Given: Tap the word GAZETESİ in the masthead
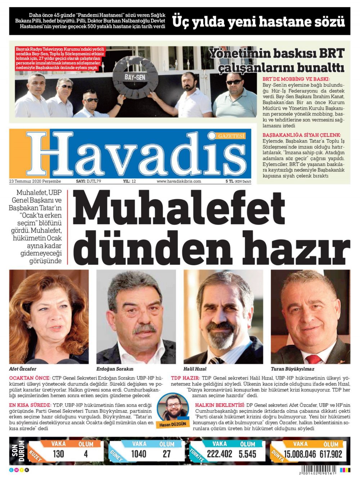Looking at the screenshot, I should click(231, 136).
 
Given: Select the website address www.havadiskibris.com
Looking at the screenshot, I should click(179, 181).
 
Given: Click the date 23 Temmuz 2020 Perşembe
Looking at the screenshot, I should click(35, 181).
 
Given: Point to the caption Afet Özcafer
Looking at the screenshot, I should click(23, 369).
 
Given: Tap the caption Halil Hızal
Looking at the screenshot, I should click(195, 369).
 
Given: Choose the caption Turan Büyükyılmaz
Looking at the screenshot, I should click(292, 369).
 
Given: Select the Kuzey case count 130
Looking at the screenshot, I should click(58, 454).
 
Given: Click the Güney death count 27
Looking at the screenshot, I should click(167, 454).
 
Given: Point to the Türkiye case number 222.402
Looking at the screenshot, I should click(220, 454).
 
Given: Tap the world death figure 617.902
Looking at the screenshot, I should click(330, 454).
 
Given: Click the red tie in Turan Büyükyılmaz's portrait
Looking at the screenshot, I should click(314, 358).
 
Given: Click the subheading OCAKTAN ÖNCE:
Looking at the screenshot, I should click(30, 378).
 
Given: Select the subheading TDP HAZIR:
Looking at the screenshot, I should click(185, 378).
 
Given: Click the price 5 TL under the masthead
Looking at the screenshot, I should click(229, 181).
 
